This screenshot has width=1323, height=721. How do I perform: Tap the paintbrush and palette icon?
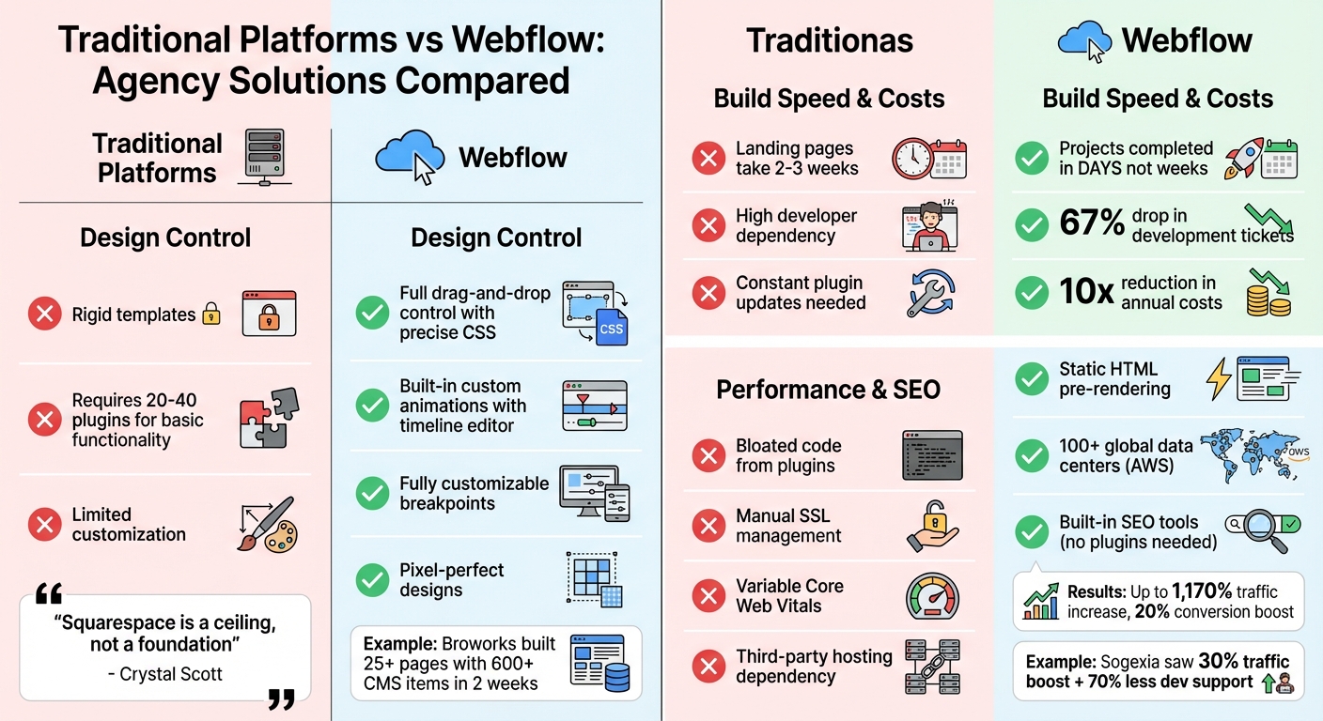[267, 524]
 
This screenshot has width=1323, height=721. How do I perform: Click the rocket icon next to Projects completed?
[1243, 159]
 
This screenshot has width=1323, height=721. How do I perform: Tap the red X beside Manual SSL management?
[708, 526]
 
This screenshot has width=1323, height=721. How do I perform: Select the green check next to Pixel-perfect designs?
[373, 580]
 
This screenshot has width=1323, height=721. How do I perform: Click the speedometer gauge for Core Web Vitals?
[932, 596]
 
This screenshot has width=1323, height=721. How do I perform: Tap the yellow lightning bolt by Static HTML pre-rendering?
[1218, 379]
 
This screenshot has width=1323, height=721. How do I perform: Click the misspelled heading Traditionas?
[829, 40]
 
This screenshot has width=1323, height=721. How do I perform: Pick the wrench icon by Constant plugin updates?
[930, 292]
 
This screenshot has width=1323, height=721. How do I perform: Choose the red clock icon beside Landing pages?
[911, 158]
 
